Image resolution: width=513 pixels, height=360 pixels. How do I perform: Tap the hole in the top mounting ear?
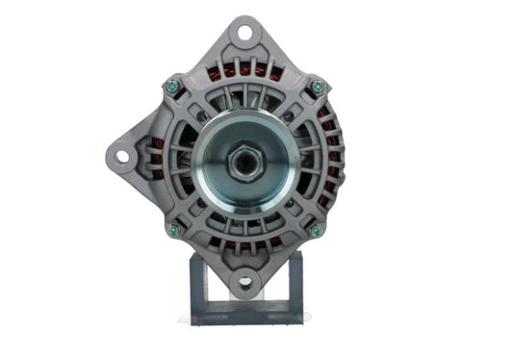(244, 34)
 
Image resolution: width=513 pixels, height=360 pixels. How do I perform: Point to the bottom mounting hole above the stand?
(244, 281)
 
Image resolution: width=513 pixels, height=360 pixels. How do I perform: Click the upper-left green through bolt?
(172, 87)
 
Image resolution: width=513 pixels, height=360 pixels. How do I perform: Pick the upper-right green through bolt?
(317, 87)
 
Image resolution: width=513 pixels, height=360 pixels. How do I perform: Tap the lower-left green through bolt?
(173, 230)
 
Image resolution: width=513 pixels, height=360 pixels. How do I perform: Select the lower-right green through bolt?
(316, 230)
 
